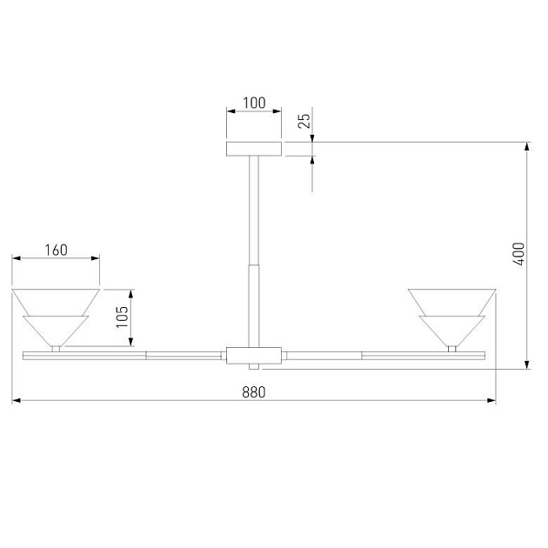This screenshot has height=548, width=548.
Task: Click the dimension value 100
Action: click(x=254, y=103)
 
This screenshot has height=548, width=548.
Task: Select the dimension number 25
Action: click(x=304, y=120)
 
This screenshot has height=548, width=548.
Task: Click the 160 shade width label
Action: click(x=56, y=250)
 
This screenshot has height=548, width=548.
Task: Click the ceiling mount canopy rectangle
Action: click(x=254, y=149)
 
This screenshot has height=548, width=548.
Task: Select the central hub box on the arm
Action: click(x=254, y=355)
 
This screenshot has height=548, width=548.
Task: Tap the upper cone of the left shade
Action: click(x=56, y=300)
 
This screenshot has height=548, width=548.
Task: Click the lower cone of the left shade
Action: click(x=56, y=330)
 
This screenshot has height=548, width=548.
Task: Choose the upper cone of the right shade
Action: click(x=451, y=300)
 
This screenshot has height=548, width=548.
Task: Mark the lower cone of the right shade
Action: click(x=451, y=330)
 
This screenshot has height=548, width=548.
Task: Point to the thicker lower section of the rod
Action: click(x=254, y=304)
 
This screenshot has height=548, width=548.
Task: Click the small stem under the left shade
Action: click(x=57, y=348)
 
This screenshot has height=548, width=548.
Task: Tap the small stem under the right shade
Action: click(x=451, y=348)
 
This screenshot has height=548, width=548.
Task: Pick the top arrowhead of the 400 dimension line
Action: click(x=527, y=146)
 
